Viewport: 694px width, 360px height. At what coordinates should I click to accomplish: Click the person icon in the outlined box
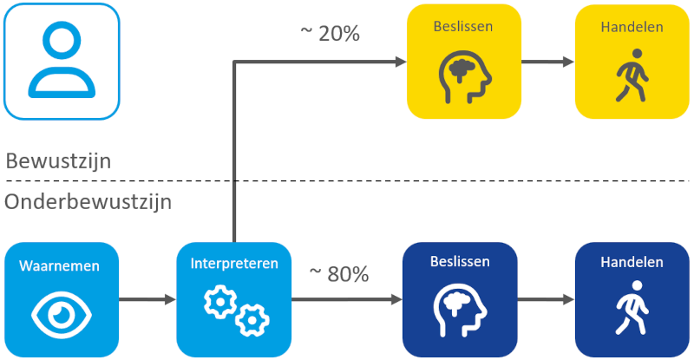60,61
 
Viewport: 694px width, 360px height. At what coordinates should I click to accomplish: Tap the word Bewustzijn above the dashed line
58,160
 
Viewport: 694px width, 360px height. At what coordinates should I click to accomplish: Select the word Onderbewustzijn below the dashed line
88,202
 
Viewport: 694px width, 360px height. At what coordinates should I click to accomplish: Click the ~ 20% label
330,34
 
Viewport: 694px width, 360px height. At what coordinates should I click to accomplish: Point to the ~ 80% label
339,274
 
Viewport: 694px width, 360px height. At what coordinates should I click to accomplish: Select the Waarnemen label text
60,265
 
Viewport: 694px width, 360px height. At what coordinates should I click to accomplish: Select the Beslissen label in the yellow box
463,27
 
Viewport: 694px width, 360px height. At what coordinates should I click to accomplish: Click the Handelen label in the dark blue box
632,261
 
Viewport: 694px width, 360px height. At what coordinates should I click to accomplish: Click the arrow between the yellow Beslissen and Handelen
547,62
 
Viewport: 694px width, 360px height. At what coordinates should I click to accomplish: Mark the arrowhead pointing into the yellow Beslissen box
401,62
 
